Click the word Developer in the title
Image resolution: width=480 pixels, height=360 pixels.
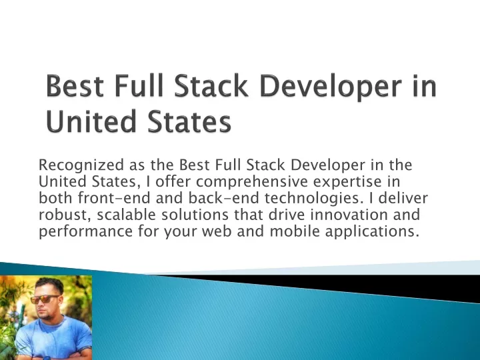[x=331, y=87]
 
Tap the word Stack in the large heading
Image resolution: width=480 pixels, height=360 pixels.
[x=211, y=85]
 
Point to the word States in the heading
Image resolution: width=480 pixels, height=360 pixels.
[x=190, y=121]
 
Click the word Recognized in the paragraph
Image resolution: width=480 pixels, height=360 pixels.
[x=81, y=165]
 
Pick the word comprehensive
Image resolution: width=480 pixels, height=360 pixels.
[x=251, y=183]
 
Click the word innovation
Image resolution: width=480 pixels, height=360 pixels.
[x=349, y=214]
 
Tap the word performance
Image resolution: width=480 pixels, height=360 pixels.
[x=86, y=231]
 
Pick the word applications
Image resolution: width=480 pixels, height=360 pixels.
[x=371, y=232]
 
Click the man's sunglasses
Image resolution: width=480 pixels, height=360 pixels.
[x=45, y=299]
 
